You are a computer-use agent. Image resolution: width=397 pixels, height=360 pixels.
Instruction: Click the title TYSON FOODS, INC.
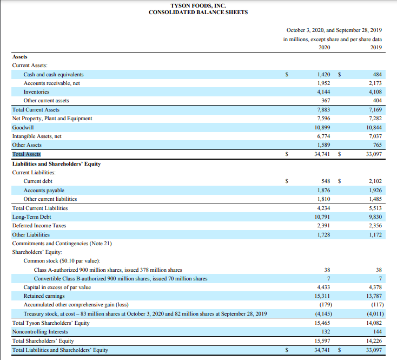(x=198, y=5)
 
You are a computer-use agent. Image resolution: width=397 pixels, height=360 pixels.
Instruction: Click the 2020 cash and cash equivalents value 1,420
(x=323, y=74)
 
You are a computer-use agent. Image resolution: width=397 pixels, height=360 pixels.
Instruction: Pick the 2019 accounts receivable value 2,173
(x=374, y=83)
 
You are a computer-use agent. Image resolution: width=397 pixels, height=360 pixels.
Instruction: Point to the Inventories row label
(x=36, y=92)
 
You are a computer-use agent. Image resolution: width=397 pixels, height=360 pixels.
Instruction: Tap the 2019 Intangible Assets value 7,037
(x=374, y=136)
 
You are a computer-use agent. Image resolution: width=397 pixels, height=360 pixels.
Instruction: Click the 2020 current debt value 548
(x=326, y=181)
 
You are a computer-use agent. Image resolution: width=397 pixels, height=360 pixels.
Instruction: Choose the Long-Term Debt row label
(x=31, y=217)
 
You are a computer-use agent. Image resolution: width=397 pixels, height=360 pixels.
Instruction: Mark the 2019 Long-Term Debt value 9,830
(x=374, y=217)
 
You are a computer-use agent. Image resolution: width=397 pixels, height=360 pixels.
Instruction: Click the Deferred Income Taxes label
(x=39, y=226)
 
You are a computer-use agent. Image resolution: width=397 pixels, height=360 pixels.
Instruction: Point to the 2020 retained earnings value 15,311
(x=322, y=296)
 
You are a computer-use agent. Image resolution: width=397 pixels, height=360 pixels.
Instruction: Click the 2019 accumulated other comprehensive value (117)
(x=375, y=305)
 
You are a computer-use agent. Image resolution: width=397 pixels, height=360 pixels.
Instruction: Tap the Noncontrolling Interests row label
(x=40, y=332)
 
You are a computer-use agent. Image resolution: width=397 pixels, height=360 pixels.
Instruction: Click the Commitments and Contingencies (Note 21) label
(x=62, y=243)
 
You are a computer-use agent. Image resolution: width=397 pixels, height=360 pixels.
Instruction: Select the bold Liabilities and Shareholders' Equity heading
(x=56, y=163)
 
